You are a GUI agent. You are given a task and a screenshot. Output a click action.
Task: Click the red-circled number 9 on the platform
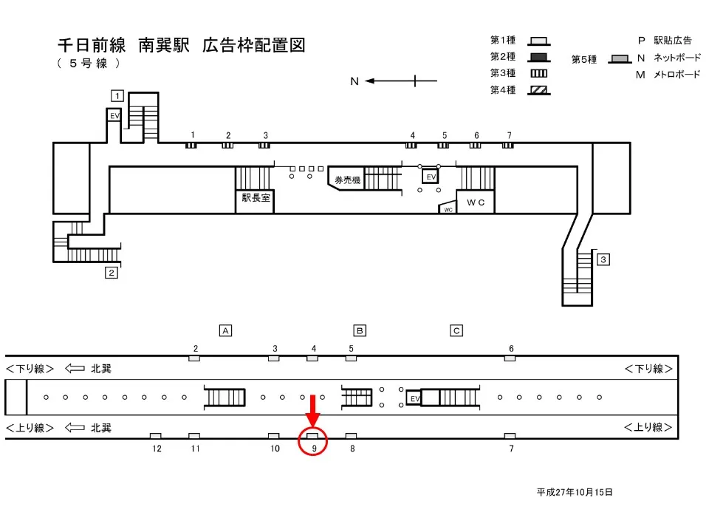313,447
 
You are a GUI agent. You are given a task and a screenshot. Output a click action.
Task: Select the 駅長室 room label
255,198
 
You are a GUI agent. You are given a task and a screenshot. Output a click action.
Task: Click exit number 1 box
116,95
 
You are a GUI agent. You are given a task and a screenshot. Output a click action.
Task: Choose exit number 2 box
112,273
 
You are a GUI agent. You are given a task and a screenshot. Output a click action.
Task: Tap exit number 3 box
603,259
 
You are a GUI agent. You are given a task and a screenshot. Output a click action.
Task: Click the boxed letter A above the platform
227,330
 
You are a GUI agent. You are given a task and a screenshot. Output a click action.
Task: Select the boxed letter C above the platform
457,330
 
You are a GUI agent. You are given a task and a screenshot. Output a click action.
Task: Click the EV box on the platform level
414,399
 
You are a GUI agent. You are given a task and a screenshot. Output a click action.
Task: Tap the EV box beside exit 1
114,116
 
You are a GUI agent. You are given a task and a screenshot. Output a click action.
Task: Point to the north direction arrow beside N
391,81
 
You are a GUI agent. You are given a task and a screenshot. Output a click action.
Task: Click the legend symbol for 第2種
539,57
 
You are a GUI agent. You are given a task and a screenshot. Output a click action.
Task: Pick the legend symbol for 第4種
539,90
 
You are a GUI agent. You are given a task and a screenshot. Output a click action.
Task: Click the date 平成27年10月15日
575,492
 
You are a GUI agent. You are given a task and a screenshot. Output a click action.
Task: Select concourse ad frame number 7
508,145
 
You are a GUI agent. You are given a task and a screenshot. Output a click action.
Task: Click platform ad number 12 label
157,449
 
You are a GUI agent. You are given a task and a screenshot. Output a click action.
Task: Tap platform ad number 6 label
510,348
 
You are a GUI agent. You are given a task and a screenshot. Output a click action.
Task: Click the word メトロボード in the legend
676,75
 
